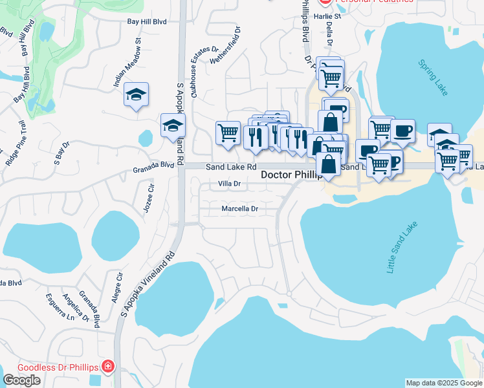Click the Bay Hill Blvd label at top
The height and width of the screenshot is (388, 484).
coord(147,21)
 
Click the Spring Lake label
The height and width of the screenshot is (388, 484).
coord(432,78)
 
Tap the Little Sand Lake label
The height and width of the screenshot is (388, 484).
coord(402,248)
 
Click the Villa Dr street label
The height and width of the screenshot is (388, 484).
coord(230,184)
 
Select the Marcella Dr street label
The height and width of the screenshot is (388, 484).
coord(239,209)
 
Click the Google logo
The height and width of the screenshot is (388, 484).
coord(21,380)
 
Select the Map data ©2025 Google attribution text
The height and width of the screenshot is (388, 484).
coord(444,383)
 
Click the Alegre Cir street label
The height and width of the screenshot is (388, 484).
coord(117,288)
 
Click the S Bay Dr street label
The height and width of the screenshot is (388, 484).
coord(61,153)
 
